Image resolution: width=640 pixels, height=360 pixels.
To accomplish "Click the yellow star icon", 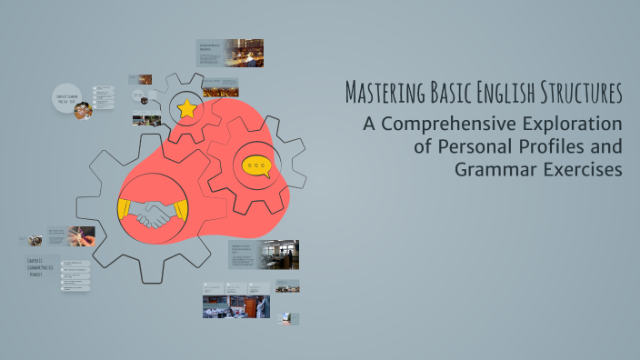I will coord(187,109).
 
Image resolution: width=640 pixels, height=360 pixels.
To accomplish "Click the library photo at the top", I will coord(245,52).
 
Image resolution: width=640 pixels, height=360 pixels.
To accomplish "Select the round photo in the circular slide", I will coord(83,110).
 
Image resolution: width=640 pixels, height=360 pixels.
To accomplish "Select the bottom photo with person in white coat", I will coord(259,306).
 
